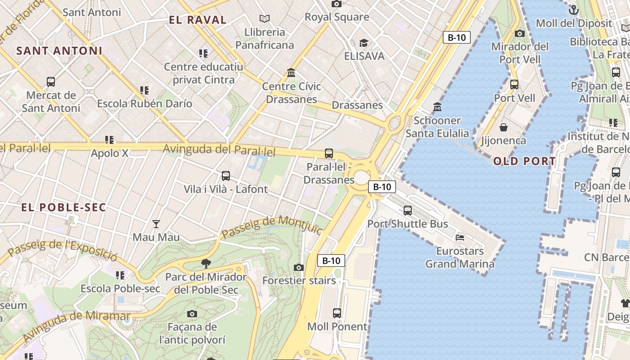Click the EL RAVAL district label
[x=198, y=20]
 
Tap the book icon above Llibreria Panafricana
[x=265, y=18]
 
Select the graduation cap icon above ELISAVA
[x=364, y=43]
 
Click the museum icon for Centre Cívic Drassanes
[x=291, y=73]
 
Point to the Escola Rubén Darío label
[x=144, y=103]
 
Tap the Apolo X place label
[x=109, y=153]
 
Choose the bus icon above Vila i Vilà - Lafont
[x=226, y=176]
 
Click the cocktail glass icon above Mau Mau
[x=156, y=224]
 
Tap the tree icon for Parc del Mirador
[x=206, y=263]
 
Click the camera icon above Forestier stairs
[x=299, y=267]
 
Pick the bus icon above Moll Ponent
[x=337, y=313]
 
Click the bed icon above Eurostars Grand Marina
[x=459, y=237]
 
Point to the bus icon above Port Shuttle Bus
[x=408, y=210]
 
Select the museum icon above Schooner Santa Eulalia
[x=437, y=107]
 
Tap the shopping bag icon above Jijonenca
[x=504, y=127]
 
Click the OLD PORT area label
[x=524, y=161]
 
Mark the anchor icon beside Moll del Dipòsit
[x=574, y=9]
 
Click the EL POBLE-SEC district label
[x=64, y=207]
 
